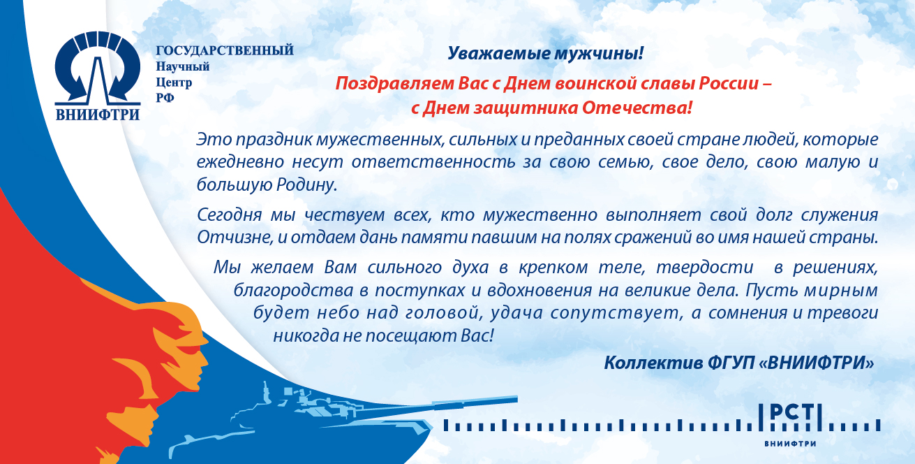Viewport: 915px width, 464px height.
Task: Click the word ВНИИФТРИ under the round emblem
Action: (98, 115)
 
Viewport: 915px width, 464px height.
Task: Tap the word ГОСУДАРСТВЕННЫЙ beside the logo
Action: (225, 51)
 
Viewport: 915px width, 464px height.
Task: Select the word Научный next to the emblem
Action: (183, 66)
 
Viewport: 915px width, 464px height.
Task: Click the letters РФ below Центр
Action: (165, 98)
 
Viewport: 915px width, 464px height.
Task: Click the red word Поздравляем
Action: (394, 84)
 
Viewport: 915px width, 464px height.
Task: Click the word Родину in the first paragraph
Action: (307, 184)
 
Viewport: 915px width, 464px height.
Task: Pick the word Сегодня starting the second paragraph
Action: (229, 215)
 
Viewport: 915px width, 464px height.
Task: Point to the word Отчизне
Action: (235, 238)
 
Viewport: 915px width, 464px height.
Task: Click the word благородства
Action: (293, 291)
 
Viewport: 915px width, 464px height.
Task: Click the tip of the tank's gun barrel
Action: (516, 398)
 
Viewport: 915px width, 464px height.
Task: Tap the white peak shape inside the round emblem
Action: (98, 80)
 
